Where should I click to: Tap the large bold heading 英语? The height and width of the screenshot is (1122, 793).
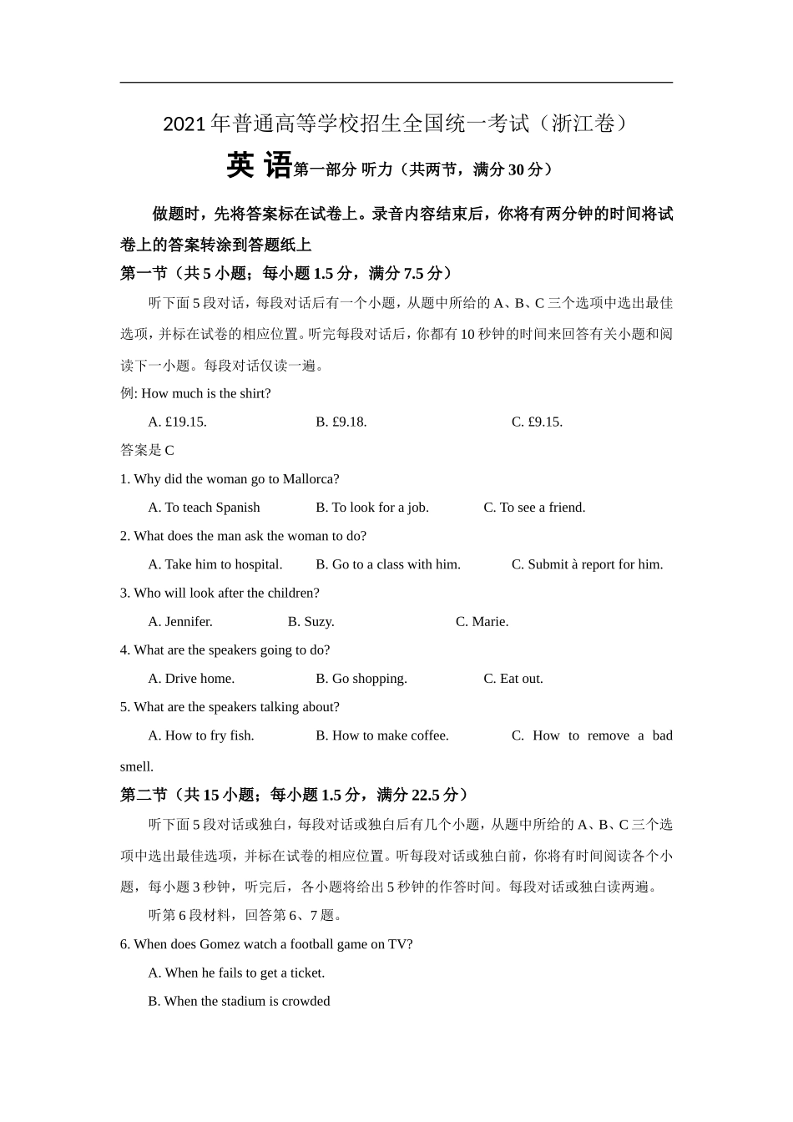[259, 165]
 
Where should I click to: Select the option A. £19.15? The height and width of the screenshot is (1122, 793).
[177, 422]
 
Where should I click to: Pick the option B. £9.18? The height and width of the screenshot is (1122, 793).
[341, 422]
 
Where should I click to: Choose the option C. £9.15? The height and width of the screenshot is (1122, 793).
[537, 422]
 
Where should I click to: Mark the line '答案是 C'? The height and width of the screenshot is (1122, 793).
[147, 451]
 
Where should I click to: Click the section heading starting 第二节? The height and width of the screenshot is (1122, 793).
[293, 795]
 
